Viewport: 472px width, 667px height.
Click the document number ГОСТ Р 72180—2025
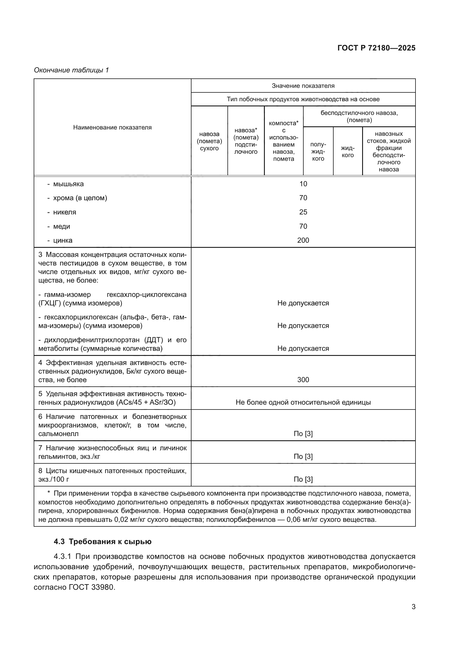[x=376, y=48]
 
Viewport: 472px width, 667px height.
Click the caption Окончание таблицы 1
[x=71, y=70]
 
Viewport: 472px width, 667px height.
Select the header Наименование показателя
[x=112, y=127]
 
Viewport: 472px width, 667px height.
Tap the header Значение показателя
[x=303, y=86]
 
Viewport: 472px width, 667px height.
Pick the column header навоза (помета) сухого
[x=209, y=141]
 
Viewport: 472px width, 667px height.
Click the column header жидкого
[x=348, y=152]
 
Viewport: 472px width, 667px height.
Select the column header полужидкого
[x=318, y=152]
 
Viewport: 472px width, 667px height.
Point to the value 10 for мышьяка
[x=303, y=184]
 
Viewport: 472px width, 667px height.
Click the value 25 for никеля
[x=303, y=212]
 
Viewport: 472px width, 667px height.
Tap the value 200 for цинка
[x=303, y=240]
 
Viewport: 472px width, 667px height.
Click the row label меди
[x=61, y=226]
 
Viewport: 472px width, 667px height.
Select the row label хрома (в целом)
[x=80, y=198]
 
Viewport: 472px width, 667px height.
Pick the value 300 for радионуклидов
[x=303, y=380]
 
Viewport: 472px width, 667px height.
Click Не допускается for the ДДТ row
[x=303, y=348]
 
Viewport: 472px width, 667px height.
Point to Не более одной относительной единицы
[x=303, y=402]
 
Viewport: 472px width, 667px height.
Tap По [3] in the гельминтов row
[x=303, y=456]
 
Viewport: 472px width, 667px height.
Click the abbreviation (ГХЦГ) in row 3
[x=49, y=303]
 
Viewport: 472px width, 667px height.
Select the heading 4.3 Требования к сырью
[x=103, y=542]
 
